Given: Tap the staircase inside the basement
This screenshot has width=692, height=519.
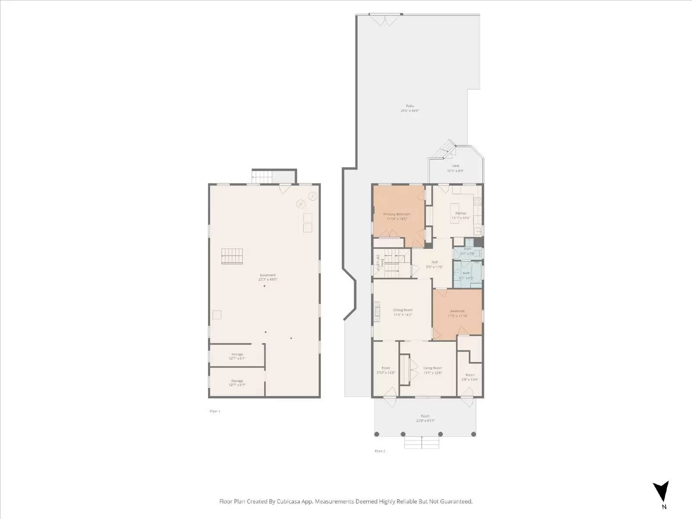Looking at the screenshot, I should (x=232, y=256).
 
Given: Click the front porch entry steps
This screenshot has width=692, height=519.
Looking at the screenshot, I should (x=422, y=442).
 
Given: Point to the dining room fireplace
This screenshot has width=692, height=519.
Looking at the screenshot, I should (x=377, y=311).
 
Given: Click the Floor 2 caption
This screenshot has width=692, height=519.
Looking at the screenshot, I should (x=379, y=451).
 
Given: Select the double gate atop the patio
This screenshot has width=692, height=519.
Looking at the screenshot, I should (x=385, y=19).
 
